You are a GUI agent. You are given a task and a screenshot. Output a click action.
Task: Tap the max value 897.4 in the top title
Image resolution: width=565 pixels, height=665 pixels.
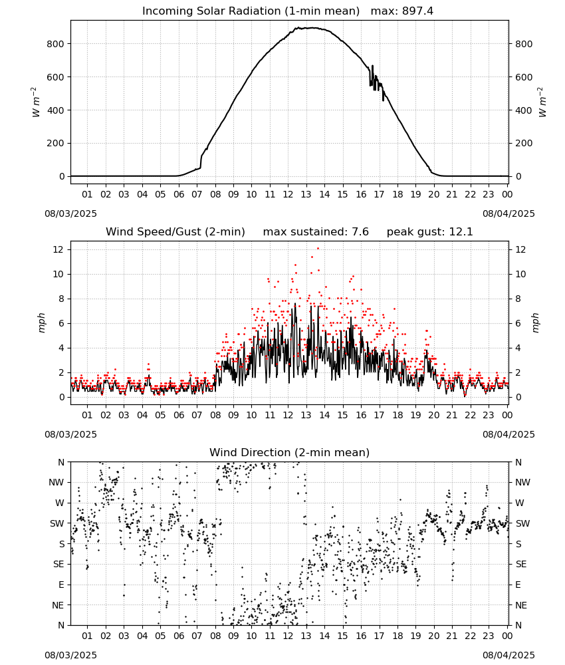click(417, 11)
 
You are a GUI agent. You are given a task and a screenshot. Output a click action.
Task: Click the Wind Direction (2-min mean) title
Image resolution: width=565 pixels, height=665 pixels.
click(290, 452)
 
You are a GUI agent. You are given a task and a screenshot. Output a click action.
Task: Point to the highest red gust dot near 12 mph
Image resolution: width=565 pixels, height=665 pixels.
click(318, 249)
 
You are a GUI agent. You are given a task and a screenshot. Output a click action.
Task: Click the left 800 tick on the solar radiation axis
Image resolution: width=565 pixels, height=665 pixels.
click(56, 44)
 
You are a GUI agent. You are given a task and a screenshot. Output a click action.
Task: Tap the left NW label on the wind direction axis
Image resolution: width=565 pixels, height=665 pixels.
click(56, 482)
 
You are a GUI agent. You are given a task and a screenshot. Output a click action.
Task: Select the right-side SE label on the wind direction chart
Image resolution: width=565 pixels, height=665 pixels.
click(521, 564)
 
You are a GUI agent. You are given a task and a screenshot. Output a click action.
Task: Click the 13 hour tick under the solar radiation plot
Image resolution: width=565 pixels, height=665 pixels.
click(306, 194)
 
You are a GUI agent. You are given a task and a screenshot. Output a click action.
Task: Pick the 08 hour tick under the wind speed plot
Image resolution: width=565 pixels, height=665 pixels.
click(215, 415)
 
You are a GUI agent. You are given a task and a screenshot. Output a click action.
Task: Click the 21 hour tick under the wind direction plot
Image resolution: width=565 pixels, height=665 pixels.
click(452, 636)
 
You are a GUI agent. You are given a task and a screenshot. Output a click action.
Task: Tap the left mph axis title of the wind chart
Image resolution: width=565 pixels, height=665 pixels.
click(41, 323)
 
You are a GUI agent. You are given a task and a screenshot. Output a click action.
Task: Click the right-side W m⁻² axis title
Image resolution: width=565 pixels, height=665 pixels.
click(542, 102)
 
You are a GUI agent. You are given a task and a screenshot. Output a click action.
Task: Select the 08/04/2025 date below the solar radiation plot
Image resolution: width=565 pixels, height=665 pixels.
click(508, 213)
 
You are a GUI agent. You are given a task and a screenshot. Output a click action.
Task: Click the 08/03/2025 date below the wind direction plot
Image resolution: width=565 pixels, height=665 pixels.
click(70, 655)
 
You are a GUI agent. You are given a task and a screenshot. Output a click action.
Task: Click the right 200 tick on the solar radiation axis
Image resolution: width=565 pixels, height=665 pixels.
click(524, 143)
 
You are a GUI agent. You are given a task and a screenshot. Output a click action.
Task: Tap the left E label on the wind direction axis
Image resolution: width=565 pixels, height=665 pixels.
click(61, 585)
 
